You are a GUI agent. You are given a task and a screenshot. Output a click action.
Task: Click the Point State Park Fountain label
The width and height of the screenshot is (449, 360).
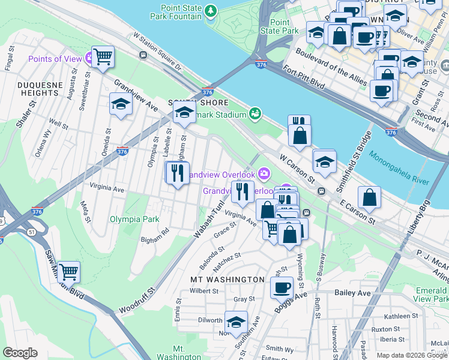181,12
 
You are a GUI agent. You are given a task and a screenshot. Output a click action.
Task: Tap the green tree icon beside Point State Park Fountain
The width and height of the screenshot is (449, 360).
211,11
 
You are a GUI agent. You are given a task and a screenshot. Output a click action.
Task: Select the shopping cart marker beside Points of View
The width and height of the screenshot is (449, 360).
103,58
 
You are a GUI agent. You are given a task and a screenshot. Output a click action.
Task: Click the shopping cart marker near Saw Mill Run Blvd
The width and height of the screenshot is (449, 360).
68,272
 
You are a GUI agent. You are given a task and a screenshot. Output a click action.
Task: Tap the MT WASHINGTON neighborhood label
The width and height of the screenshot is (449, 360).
227,280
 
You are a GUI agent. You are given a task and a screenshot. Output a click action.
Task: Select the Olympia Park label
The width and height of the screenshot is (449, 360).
134,219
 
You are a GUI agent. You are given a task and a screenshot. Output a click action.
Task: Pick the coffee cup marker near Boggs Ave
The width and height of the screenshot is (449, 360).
281,287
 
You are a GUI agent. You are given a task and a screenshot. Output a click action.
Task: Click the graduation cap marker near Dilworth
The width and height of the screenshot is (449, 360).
236,322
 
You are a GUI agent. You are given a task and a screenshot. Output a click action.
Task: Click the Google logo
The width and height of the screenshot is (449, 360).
20,353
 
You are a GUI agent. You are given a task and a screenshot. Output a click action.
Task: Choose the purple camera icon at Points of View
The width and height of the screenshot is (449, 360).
89,59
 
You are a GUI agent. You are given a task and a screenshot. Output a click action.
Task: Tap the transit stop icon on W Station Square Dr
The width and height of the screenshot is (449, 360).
143,55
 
